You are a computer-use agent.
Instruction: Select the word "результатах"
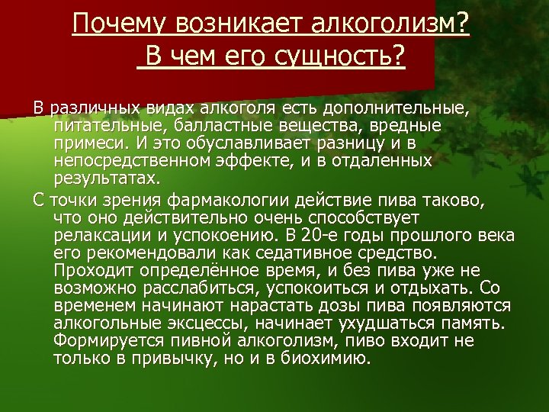106,180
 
